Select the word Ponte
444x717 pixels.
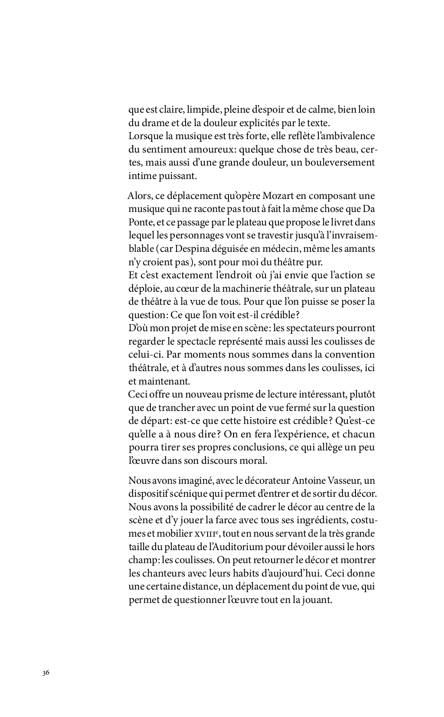point(140,222)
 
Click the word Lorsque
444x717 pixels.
point(145,136)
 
